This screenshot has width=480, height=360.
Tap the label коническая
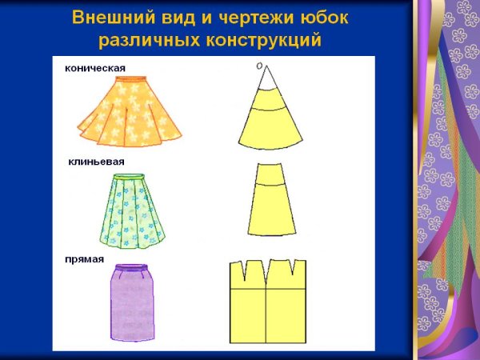pyautogui.click(x=95, y=67)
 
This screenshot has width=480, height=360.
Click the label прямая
pyautogui.click(x=85, y=258)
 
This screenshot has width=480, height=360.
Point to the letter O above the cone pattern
pyautogui.click(x=259, y=67)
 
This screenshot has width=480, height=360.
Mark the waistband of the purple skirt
pyautogui.click(x=131, y=270)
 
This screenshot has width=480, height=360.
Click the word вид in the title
pyautogui.click(x=175, y=18)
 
